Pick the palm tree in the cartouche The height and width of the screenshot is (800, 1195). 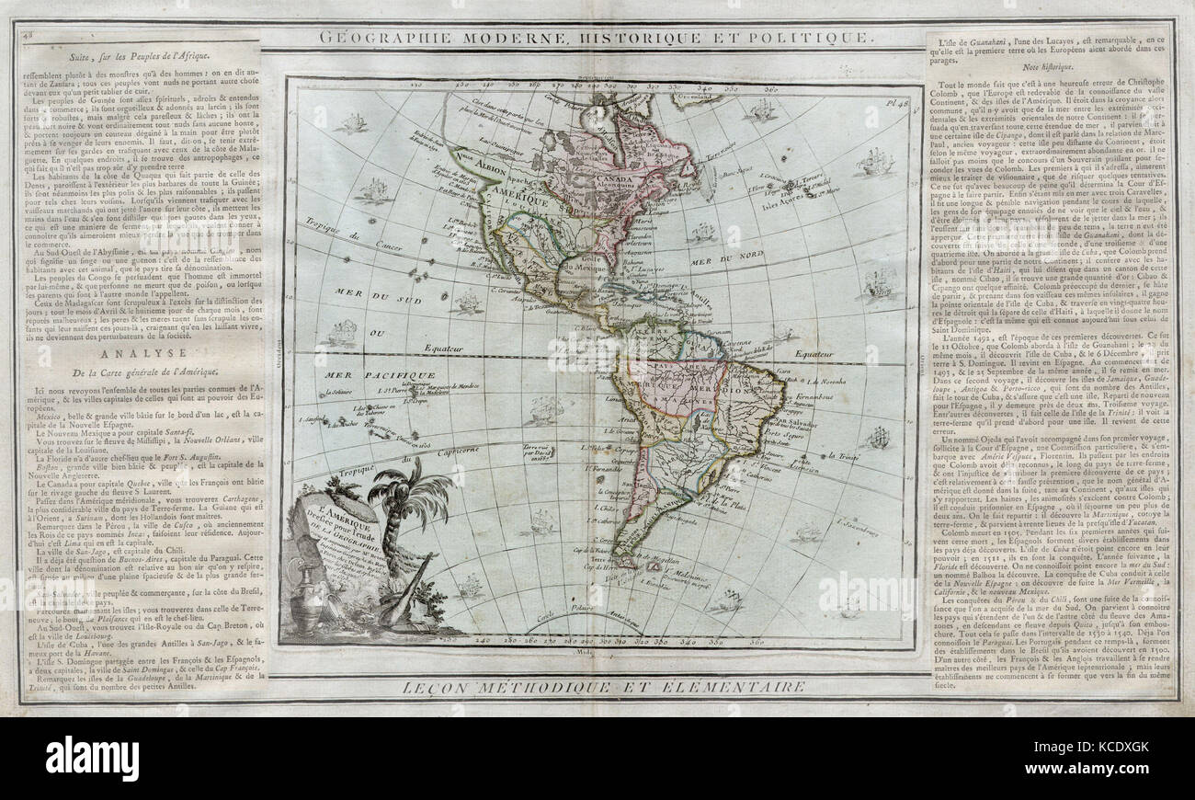coord(408,501)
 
